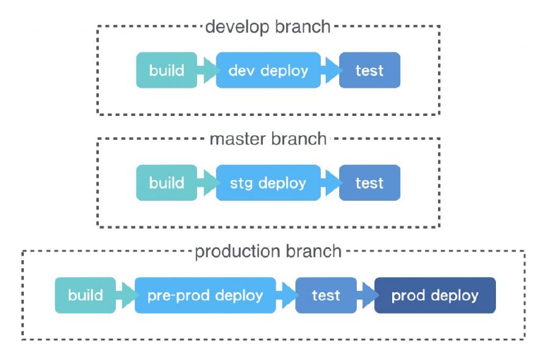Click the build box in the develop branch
[x=167, y=70]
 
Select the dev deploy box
[x=268, y=70]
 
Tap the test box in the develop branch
[x=369, y=70]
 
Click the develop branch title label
[x=268, y=27]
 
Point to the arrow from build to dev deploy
[x=207, y=70]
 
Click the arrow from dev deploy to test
[x=330, y=70]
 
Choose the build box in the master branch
[x=167, y=182]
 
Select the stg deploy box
[x=268, y=182]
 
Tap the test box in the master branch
[x=369, y=182]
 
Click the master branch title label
[x=268, y=139]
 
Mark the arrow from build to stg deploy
[x=207, y=182]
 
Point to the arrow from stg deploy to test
[x=330, y=182]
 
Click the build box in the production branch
[x=85, y=295]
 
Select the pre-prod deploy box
[x=205, y=295]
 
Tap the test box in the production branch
[x=326, y=295]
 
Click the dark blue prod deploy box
[x=434, y=295]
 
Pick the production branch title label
[x=268, y=251]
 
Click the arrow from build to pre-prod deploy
[x=126, y=295]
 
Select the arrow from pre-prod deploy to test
[x=286, y=295]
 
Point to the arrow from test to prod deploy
[x=366, y=295]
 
